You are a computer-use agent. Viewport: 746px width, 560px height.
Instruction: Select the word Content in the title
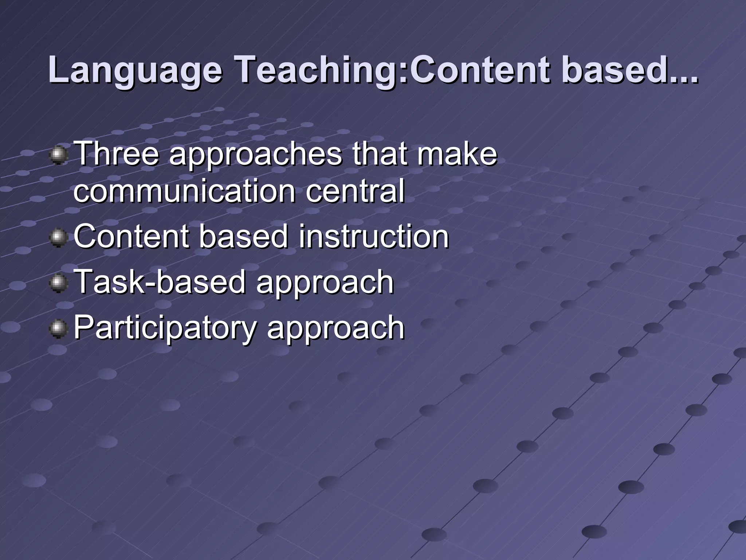pos(479,70)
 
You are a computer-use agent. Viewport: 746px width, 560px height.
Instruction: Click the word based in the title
pos(612,70)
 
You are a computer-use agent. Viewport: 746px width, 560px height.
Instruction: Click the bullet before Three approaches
pos(58,156)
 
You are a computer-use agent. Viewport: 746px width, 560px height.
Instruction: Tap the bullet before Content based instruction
pos(58,238)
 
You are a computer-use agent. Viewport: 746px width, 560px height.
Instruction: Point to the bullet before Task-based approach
pos(58,283)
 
